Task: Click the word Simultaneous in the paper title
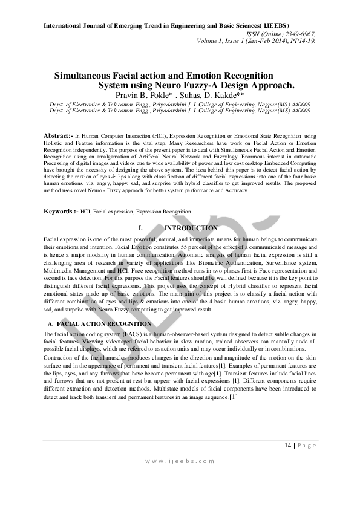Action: click(83, 76)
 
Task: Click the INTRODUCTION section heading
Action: click(191, 229)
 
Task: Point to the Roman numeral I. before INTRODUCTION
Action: click(141, 229)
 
